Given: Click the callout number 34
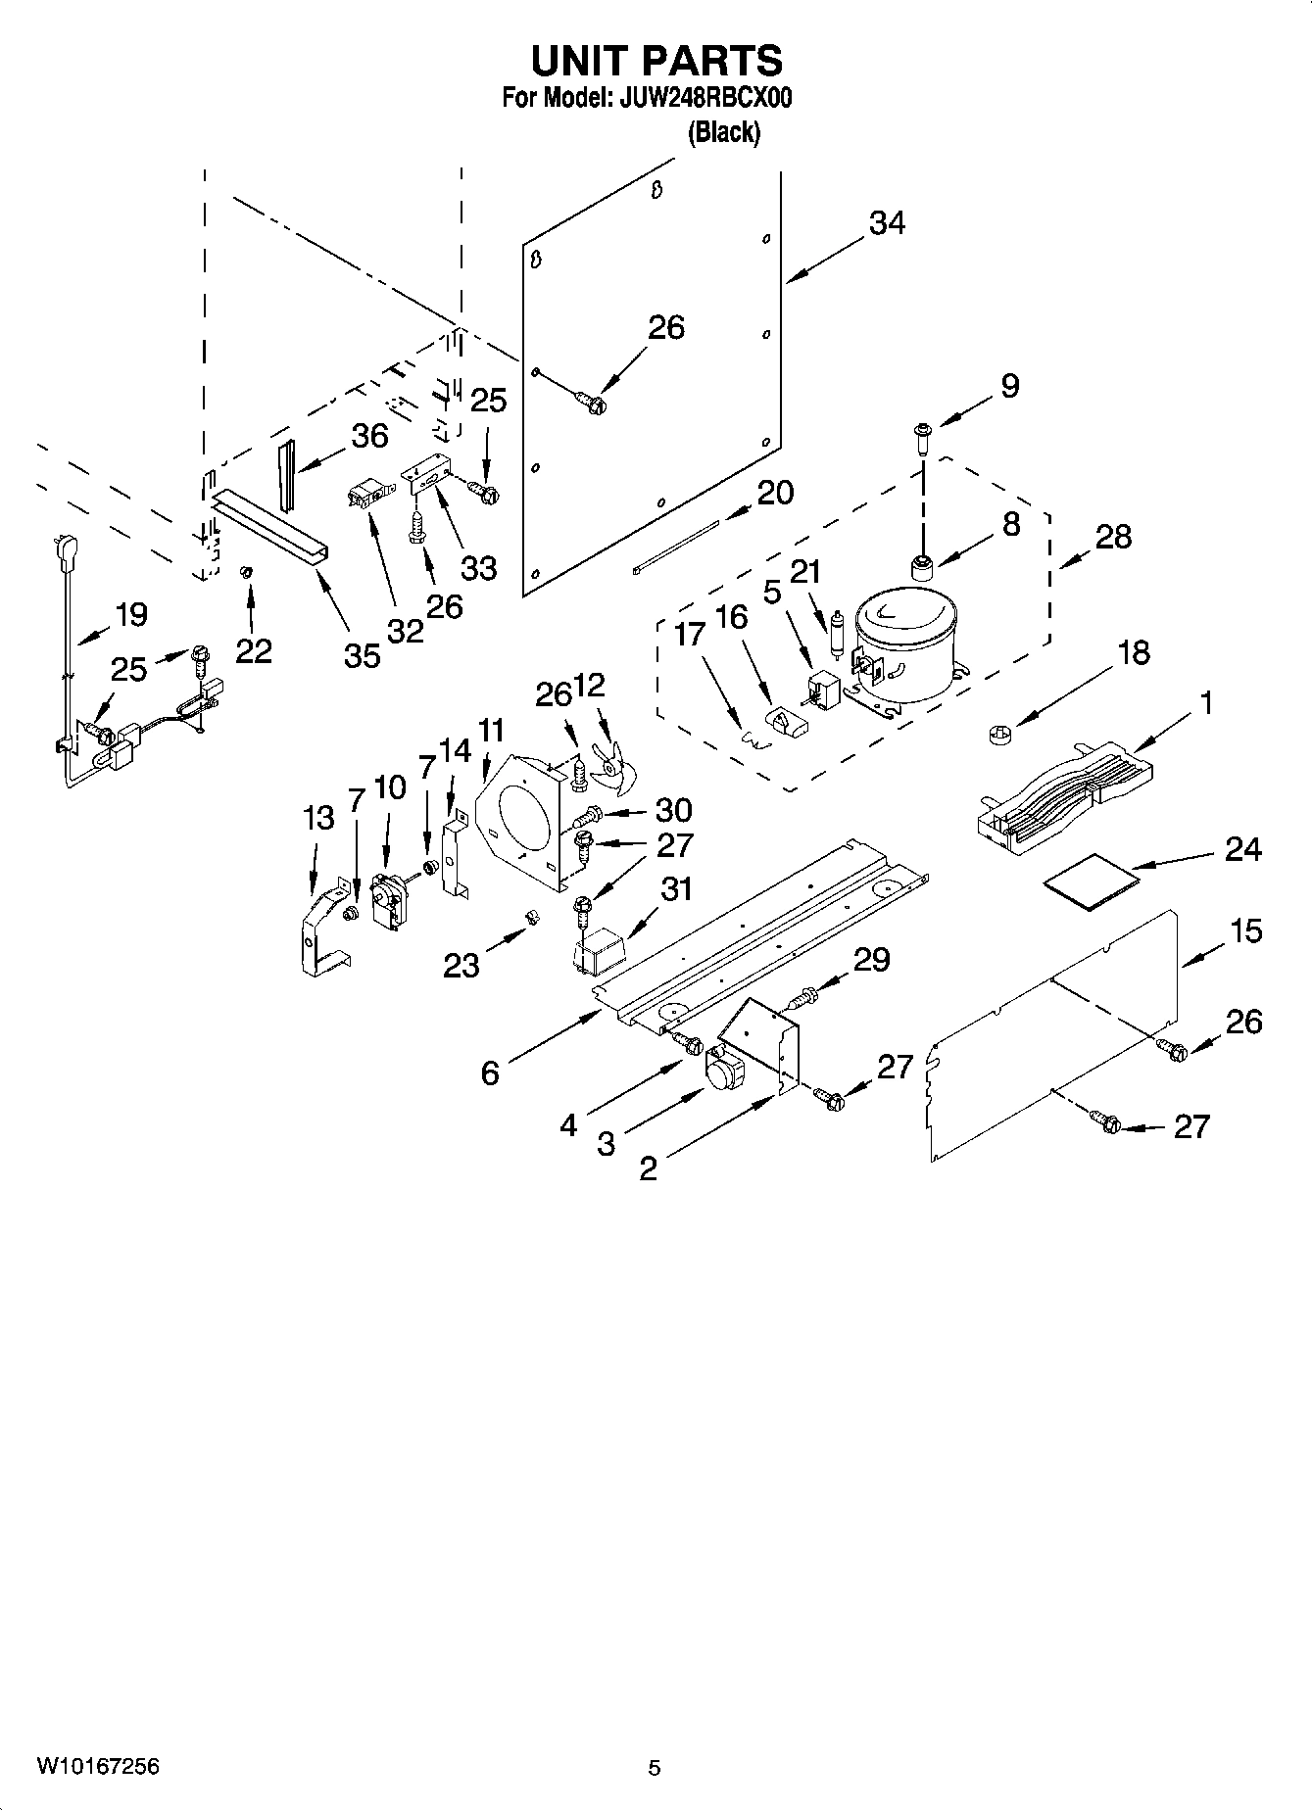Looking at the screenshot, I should [887, 223].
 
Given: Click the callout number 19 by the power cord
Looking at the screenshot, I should [131, 615].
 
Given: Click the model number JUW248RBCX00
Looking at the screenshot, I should [705, 98].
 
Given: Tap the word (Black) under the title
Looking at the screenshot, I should [723, 132].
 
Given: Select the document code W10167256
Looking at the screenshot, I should [98, 1766].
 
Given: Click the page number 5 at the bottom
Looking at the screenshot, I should [654, 1768].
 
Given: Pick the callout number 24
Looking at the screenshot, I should [1242, 849].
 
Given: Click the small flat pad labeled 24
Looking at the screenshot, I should [1091, 874].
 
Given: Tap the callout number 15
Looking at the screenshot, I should [1245, 930].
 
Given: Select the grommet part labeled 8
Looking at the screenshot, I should [922, 566].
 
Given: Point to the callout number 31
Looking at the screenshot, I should [676, 889].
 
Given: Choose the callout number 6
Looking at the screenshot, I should [490, 1073].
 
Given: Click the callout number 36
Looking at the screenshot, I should [369, 435].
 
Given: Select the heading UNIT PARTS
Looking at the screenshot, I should [656, 61].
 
